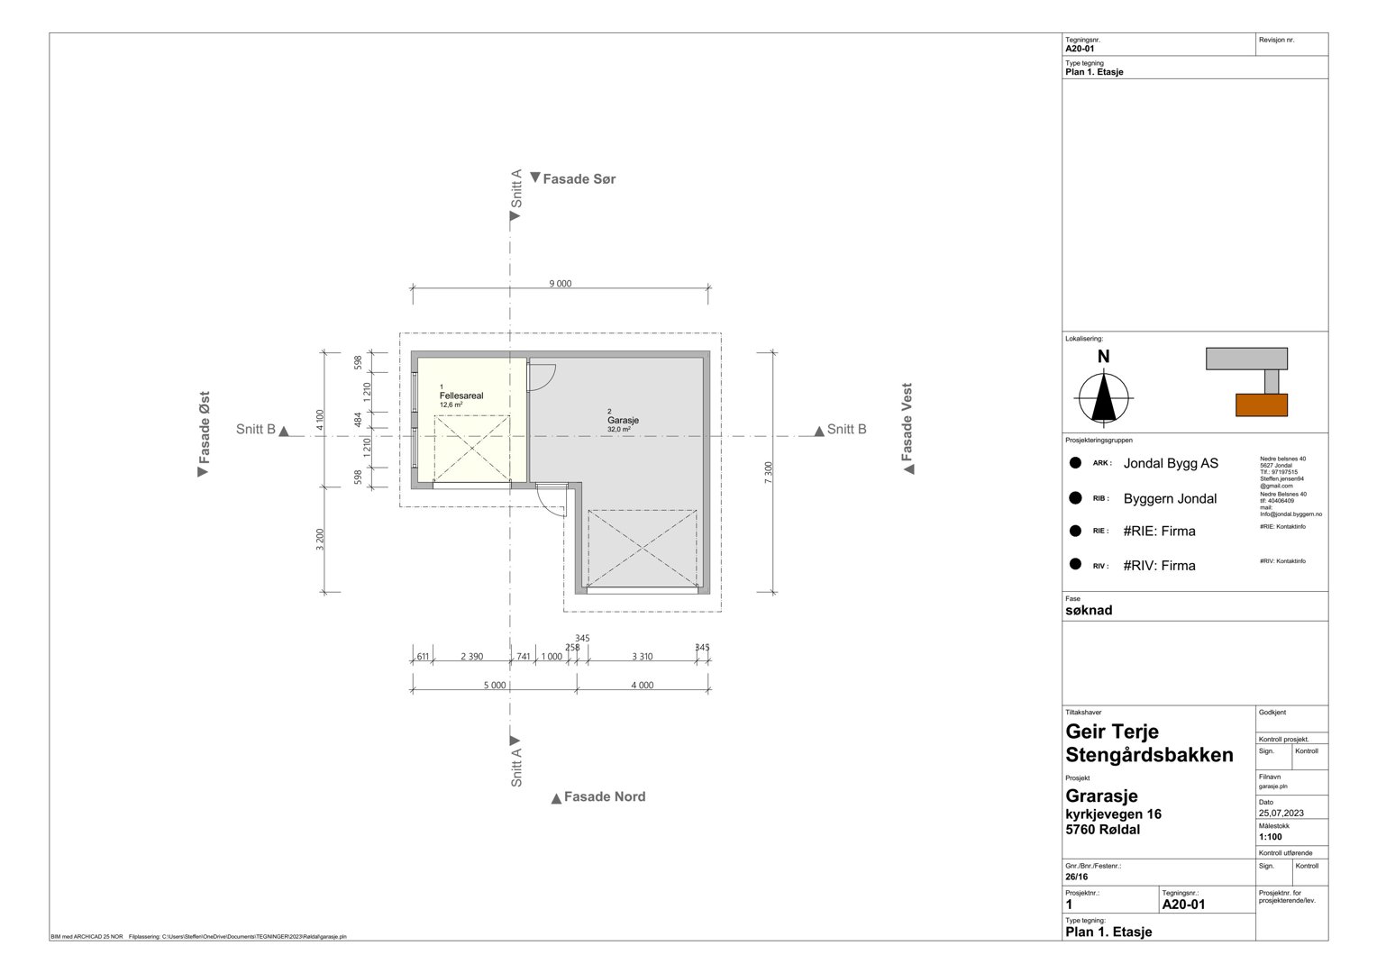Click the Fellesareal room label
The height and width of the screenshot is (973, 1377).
point(461,396)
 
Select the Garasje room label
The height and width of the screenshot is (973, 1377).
point(623,420)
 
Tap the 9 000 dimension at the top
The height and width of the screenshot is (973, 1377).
point(560,284)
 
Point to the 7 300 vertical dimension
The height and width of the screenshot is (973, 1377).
point(768,473)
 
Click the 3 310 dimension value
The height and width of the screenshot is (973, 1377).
point(642,657)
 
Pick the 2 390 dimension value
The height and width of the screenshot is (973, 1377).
point(471,657)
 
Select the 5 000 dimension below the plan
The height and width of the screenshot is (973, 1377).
point(494,686)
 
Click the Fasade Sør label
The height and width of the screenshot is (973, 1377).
point(579,179)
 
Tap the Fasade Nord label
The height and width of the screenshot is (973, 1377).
point(604,797)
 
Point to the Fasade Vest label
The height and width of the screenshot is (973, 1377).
point(907,423)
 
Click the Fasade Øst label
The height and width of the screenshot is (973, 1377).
point(205,428)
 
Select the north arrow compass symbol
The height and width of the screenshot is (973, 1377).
point(1103,396)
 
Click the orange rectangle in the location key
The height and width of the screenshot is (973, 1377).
point(1261,405)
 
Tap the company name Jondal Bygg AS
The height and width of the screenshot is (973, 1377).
point(1170,463)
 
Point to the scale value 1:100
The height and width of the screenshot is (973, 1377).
point(1270,837)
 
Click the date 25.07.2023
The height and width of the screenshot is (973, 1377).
point(1281,814)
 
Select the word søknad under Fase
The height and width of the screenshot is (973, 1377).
point(1089,611)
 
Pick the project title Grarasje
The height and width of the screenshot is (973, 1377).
point(1101,796)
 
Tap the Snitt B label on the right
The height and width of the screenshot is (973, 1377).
point(846,430)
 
